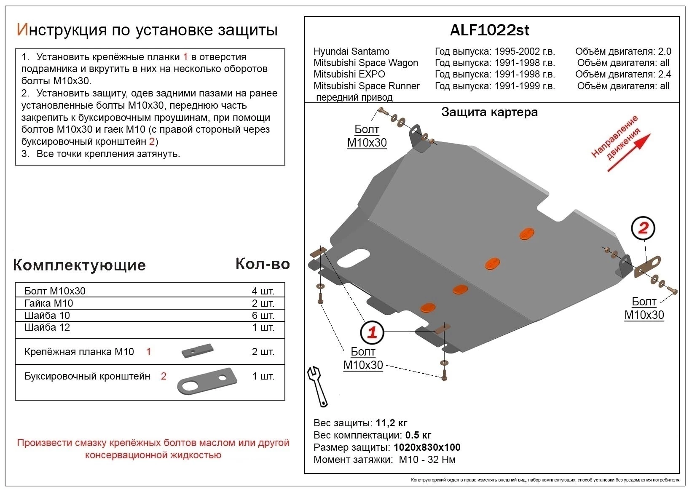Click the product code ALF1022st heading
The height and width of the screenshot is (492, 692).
(489, 30)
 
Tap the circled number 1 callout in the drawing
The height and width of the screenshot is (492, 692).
(372, 333)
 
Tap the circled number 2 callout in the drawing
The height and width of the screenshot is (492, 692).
(643, 229)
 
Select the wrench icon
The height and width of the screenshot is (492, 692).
(318, 385)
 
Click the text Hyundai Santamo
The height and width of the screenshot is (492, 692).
(351, 51)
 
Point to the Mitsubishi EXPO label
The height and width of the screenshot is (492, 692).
(349, 74)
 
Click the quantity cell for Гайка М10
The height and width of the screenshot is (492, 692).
(263, 303)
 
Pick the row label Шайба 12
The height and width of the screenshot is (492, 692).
(47, 327)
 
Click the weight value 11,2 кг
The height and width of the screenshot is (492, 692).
(392, 423)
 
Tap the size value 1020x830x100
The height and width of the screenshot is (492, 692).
(427, 447)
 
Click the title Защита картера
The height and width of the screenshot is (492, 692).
(489, 112)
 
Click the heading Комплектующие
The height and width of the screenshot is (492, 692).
(79, 265)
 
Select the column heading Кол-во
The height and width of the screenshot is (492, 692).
(262, 264)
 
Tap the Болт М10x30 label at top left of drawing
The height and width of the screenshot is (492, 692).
(367, 136)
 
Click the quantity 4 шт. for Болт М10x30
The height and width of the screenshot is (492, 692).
(263, 291)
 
